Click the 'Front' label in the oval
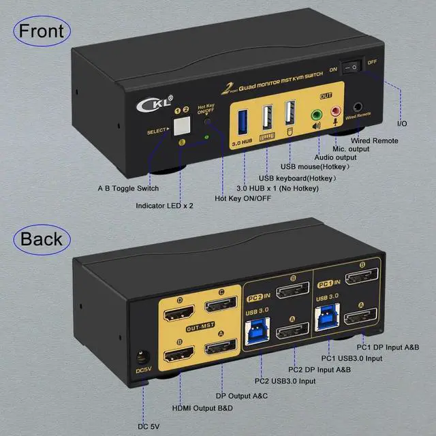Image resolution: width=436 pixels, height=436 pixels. click(x=42, y=31)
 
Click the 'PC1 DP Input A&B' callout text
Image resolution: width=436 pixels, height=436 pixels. click(x=388, y=347)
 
